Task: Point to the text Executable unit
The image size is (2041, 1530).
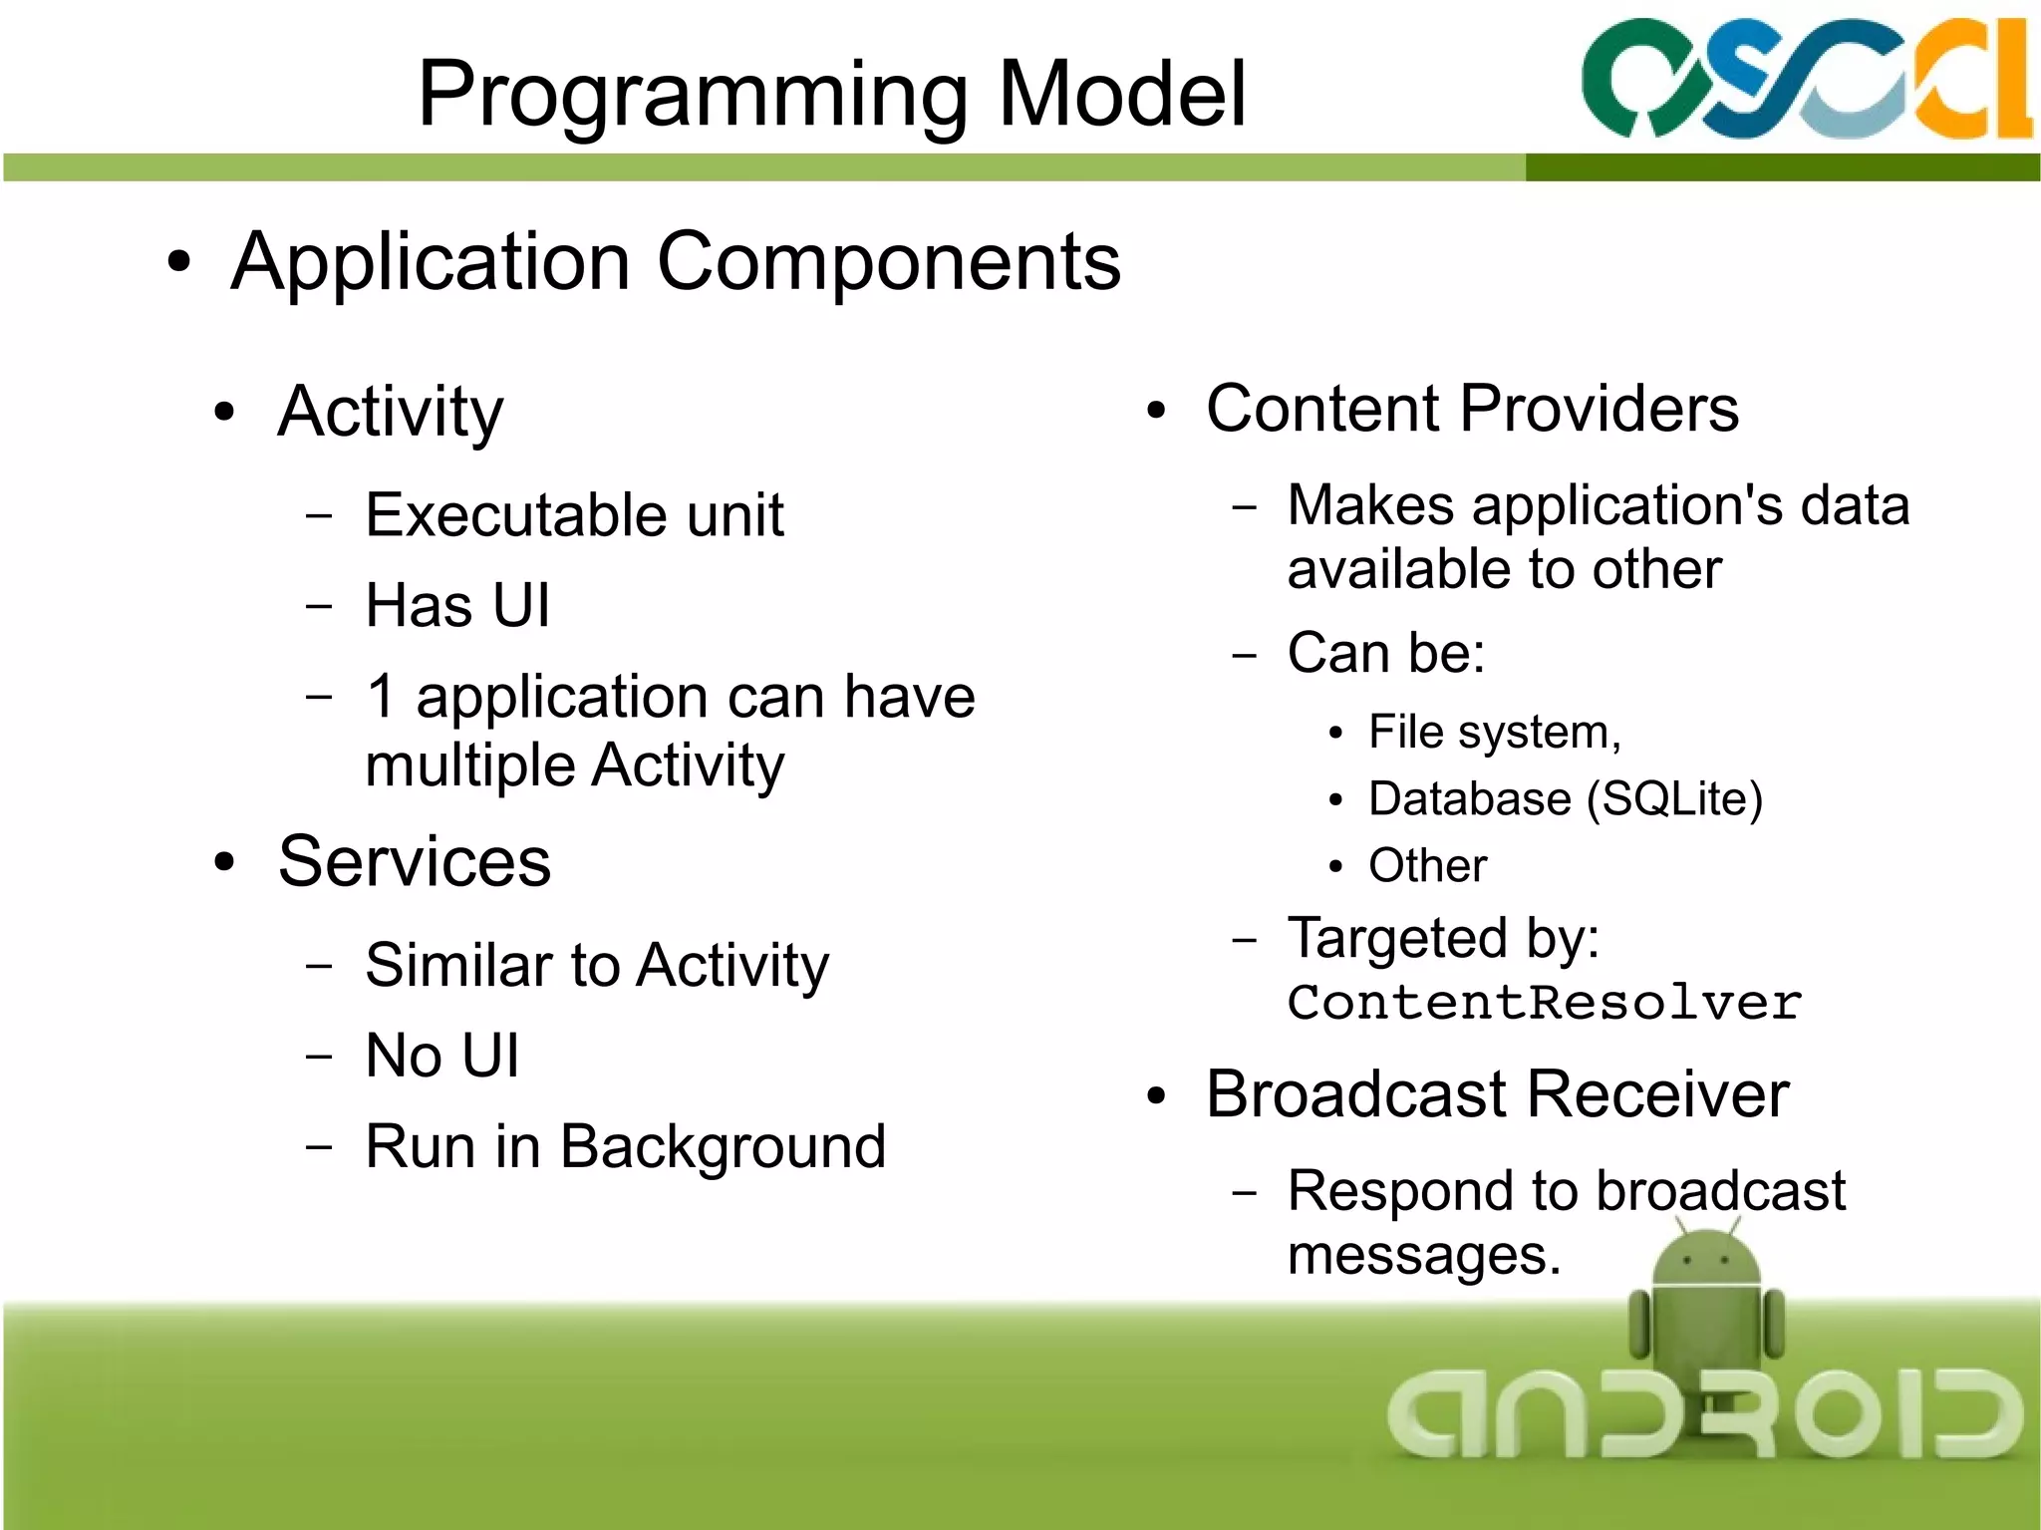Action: click(574, 515)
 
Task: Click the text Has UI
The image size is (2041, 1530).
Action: click(457, 605)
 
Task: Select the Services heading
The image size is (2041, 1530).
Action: click(414, 861)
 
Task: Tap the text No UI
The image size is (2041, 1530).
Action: click(441, 1056)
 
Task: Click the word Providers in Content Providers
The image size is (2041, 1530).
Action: click(1600, 409)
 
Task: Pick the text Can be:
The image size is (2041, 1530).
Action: click(1385, 654)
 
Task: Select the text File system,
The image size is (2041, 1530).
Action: click(1494, 733)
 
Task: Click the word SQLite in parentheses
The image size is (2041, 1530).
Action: click(1675, 799)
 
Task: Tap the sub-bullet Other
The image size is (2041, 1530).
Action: click(1427, 865)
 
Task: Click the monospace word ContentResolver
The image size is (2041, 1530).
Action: click(1544, 1003)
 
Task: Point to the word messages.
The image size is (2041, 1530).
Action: click(1422, 1255)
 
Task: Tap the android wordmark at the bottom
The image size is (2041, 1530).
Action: click(1704, 1413)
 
